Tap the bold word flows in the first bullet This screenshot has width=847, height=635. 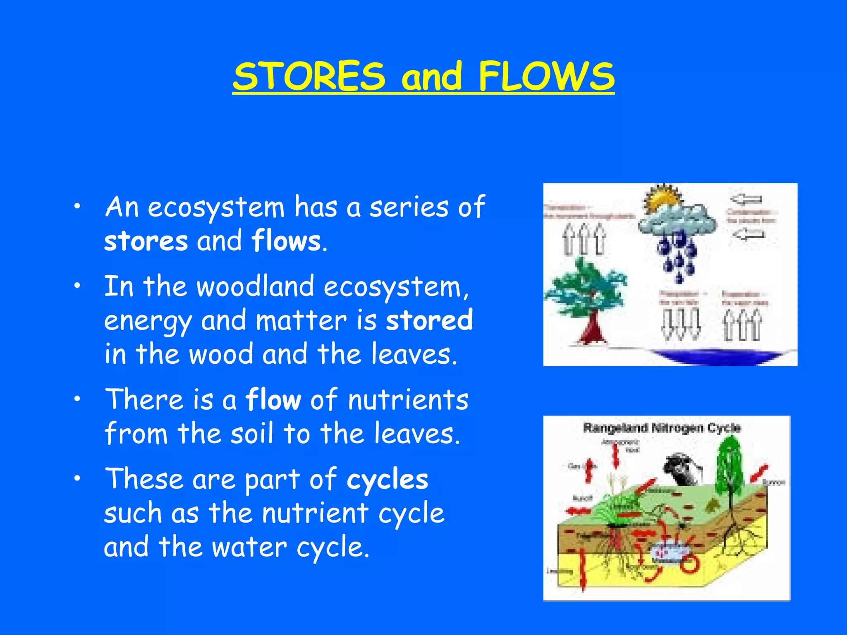(286, 241)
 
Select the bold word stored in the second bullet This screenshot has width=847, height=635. (429, 320)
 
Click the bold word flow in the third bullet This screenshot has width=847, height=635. (273, 400)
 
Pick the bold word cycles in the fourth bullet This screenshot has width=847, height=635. (387, 480)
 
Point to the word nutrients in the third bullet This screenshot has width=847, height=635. (408, 400)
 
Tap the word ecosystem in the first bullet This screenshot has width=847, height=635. (216, 207)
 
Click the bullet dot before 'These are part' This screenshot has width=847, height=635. (77, 479)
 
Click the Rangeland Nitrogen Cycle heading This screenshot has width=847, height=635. (662, 427)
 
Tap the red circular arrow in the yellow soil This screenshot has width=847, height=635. (690, 563)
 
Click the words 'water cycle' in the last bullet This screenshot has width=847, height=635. (290, 547)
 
